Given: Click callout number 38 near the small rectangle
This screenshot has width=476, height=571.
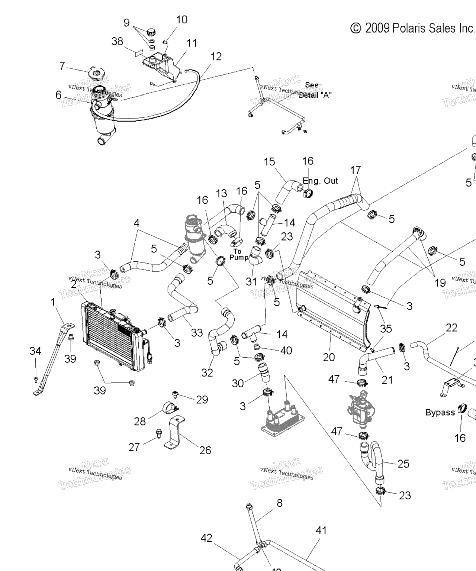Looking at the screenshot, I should tap(117, 41).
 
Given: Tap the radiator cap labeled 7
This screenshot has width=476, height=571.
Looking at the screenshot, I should tap(96, 74).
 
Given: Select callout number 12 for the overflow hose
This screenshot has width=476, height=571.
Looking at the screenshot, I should tap(216, 57).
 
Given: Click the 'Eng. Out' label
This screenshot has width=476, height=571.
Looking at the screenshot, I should tap(320, 181).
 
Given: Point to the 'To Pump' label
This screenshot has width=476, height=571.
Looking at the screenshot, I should tap(238, 254).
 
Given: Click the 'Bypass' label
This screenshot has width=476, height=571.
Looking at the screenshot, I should tap(440, 412).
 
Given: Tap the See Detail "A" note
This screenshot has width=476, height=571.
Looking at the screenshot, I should tap(315, 90).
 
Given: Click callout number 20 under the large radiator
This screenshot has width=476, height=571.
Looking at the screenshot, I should tap(329, 357).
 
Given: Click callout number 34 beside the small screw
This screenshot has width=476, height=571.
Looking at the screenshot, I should tap(35, 351).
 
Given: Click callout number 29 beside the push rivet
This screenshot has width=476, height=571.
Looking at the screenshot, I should tap(202, 400).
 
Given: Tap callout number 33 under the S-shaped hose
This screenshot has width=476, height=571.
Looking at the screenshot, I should tap(197, 332).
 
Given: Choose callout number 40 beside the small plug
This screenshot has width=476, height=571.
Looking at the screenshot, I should tap(286, 351).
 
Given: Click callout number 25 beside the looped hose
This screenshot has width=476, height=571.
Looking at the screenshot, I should tap(403, 464).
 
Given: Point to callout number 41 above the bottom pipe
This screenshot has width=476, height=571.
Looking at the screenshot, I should tap(321, 530).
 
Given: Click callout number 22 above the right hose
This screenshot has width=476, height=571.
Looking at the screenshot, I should tap(451, 328).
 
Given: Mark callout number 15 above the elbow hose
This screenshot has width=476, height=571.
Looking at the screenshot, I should tap(269, 162).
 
